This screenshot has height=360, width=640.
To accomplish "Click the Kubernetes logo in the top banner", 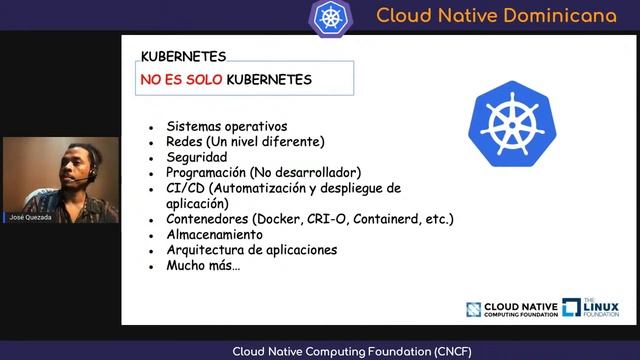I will (331, 16).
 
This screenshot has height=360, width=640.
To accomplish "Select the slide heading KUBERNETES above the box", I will (183, 56).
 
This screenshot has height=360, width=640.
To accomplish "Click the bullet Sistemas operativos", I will (227, 127).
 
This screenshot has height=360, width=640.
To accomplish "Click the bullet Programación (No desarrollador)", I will (263, 172).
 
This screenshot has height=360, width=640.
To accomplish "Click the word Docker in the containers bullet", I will (279, 218).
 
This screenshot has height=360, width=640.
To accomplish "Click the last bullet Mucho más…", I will (204, 266).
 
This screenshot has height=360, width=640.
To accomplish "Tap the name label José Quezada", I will (30, 216).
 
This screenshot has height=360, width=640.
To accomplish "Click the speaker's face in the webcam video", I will (77, 166).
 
